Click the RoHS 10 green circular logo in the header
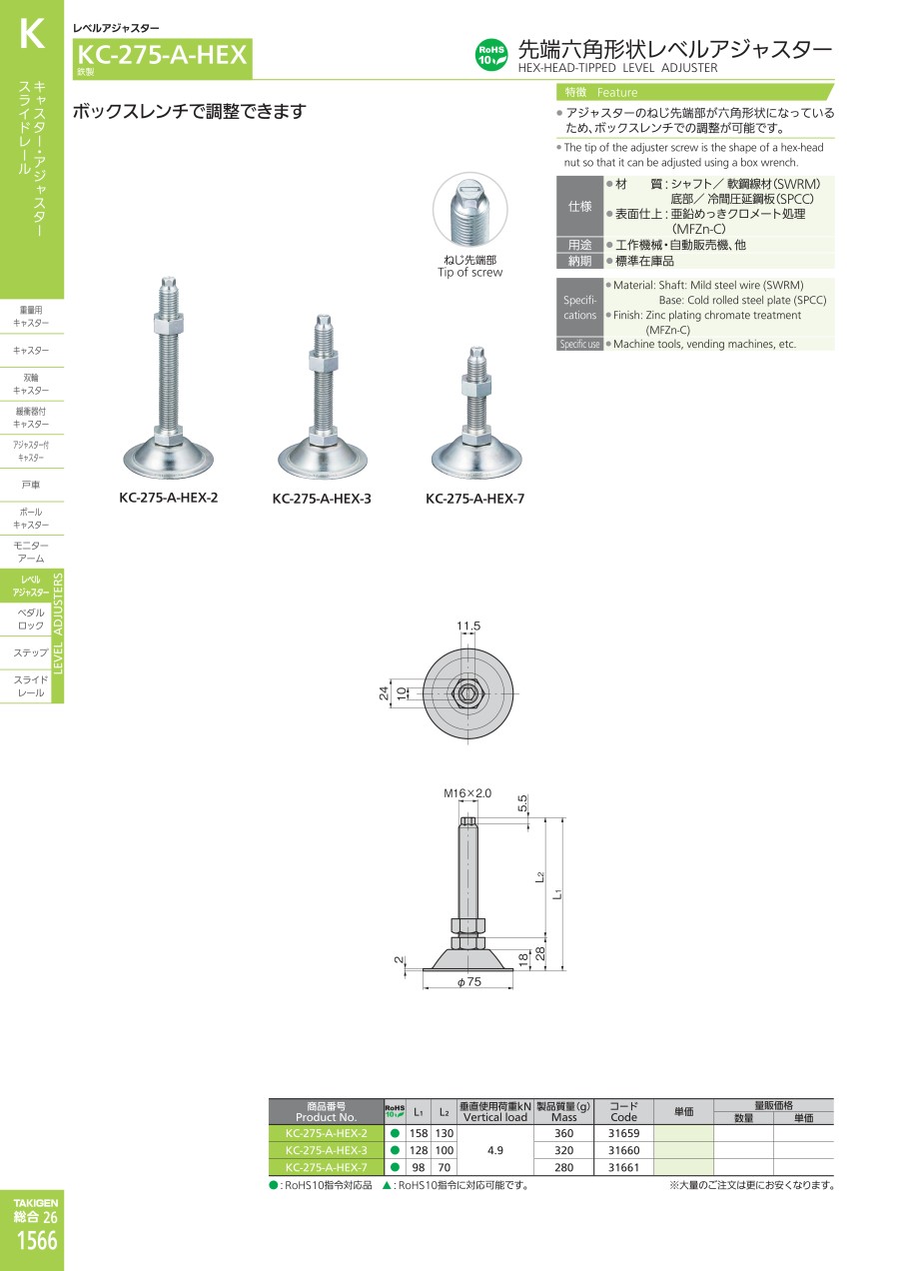(x=490, y=55)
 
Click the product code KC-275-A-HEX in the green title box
(x=162, y=55)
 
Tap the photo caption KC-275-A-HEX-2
(x=169, y=498)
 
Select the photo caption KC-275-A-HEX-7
(x=474, y=499)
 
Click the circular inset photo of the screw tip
(x=469, y=210)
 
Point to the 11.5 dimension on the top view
(x=468, y=626)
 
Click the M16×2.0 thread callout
(x=467, y=793)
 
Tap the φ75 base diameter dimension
(x=469, y=981)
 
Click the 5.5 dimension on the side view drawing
(x=522, y=803)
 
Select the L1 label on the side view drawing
(x=558, y=893)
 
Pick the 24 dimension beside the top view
(x=384, y=692)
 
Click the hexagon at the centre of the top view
(x=467, y=692)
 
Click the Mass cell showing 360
(x=563, y=1133)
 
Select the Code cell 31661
(x=623, y=1167)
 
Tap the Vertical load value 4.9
(x=495, y=1150)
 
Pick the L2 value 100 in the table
(x=445, y=1150)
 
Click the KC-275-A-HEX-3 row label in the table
(x=326, y=1150)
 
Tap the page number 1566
(x=37, y=1241)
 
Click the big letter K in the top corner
(x=32, y=34)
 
